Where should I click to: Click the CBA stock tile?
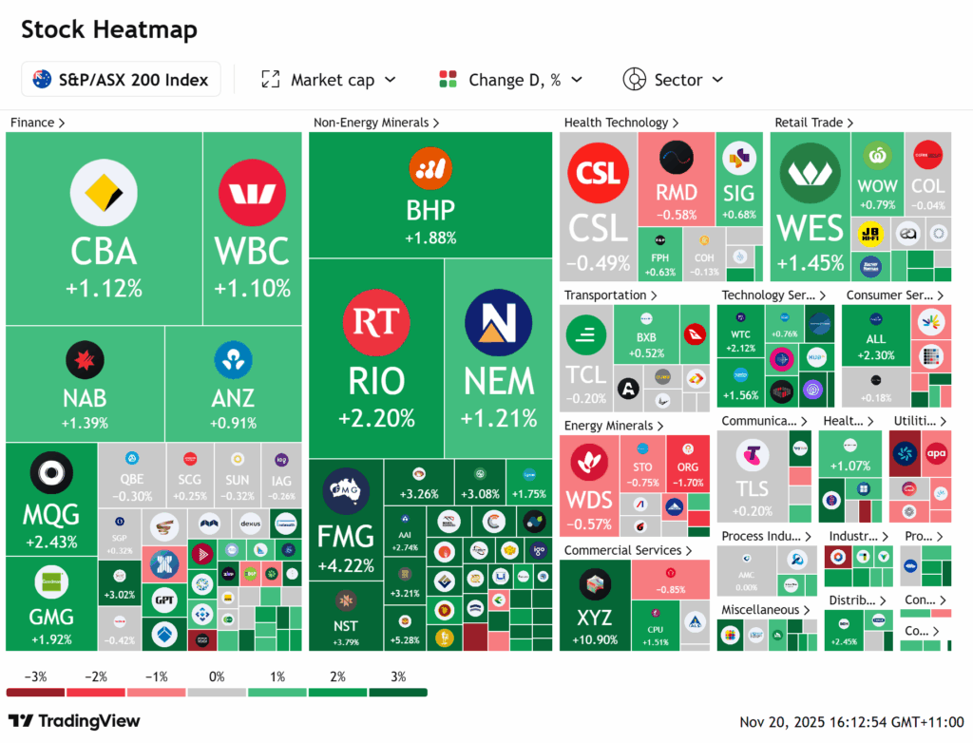tap(104, 228)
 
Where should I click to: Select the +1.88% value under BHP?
tap(430, 238)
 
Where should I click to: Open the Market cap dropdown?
tap(329, 80)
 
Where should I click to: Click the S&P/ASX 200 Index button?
tap(121, 80)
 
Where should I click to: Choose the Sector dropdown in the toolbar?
tap(673, 80)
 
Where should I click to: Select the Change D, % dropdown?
tap(511, 80)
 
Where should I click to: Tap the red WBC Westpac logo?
tap(252, 194)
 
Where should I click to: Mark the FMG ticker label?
tap(346, 536)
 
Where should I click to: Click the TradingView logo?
tap(74, 721)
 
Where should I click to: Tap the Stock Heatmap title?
tap(109, 29)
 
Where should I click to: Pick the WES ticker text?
tap(810, 228)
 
